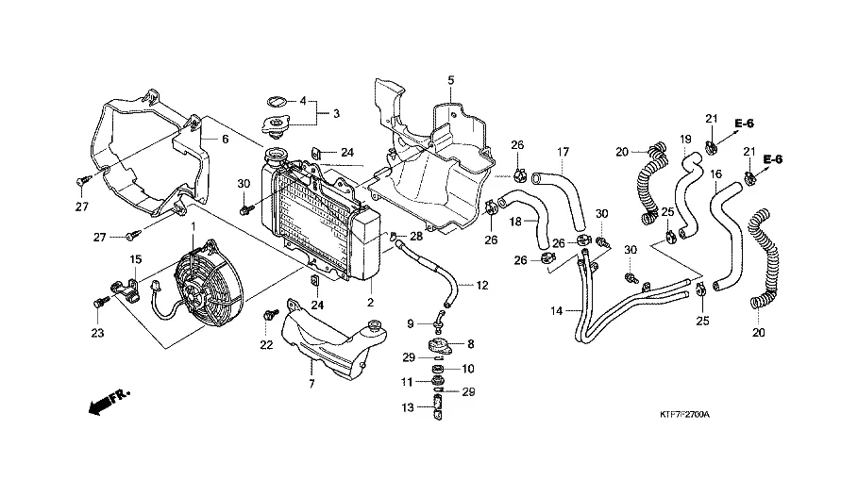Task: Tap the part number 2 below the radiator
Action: tap(370, 303)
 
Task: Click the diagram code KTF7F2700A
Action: tap(684, 415)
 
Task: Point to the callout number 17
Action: tap(564, 152)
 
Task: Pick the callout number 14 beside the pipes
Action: tap(557, 311)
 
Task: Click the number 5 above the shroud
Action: tap(451, 80)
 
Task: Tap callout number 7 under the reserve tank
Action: tap(311, 385)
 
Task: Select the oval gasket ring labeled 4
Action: tap(278, 101)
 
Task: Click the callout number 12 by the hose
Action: tap(482, 285)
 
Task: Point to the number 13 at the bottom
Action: tap(408, 408)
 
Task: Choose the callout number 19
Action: tap(685, 140)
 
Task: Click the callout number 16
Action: tap(715, 174)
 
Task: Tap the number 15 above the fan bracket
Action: tap(135, 259)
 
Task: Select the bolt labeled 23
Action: tap(99, 302)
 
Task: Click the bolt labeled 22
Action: tap(270, 314)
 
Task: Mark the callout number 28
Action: tap(416, 237)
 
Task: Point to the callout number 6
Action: tap(225, 140)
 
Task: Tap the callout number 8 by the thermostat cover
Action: tap(471, 344)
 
